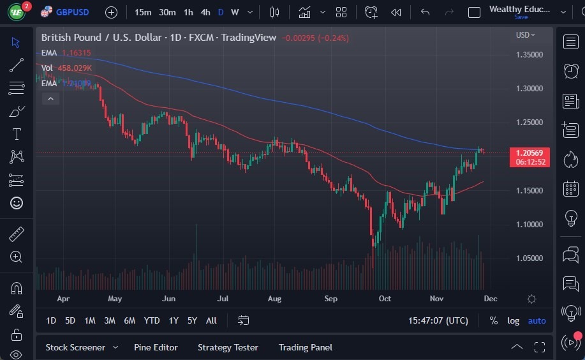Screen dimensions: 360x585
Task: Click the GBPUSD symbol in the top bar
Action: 72,12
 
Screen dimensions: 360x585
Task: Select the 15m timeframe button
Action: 143,12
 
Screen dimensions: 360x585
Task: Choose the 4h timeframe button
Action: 205,12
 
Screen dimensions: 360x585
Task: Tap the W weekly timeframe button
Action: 235,12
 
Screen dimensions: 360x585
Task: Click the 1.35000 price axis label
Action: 529,54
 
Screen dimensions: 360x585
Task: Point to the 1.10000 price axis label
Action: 529,224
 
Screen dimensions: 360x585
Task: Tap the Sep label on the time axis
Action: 330,298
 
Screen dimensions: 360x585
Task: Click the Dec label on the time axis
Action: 490,298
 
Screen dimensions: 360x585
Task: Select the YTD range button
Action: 152,320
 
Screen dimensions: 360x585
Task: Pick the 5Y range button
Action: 192,320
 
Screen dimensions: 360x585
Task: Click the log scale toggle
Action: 513,320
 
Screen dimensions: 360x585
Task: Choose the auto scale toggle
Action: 537,320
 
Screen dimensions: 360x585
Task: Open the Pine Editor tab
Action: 156,347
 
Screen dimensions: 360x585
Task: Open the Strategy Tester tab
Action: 228,347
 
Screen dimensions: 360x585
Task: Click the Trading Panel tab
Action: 305,347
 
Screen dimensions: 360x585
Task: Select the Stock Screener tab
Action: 75,347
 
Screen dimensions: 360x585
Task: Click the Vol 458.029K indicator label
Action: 66,68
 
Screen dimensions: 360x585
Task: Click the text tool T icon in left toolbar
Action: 17,134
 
